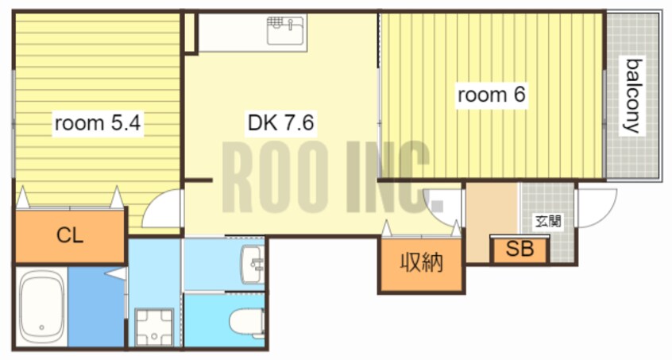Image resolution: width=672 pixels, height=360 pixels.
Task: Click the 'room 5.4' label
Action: click(98, 123)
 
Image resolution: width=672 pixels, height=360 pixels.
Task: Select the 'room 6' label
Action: click(491, 95)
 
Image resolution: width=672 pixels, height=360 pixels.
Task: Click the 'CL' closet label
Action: click(70, 235)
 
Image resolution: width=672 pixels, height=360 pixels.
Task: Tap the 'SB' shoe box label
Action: click(519, 250)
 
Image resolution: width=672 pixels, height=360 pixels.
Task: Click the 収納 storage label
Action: click(420, 263)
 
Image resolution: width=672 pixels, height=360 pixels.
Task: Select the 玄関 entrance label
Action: click(547, 221)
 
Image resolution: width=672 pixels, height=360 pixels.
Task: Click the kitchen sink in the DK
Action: click(285, 32)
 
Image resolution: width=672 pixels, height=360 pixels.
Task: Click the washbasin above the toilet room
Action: click(253, 264)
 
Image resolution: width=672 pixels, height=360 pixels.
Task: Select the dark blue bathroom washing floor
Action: click(95, 307)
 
